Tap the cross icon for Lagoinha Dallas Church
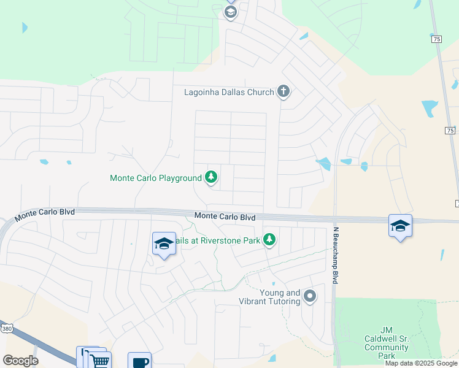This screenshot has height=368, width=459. coord(283,92)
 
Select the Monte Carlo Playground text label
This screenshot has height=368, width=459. coord(155,178)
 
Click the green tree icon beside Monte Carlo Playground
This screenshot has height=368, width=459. coord(211,178)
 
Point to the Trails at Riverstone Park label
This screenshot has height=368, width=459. coord(218,240)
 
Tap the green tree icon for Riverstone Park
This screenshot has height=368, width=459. coord(269,239)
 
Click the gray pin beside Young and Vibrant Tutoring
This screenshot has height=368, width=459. coord(310,297)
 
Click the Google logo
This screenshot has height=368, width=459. coord(20,361)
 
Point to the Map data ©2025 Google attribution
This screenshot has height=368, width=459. coord(421,363)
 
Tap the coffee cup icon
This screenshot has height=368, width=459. coord(139,361)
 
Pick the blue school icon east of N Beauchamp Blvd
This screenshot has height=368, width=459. coord(400,226)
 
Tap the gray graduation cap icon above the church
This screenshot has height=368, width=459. coord(231,12)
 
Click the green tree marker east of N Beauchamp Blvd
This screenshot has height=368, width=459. coord(442,254)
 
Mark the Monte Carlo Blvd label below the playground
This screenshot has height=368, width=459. coord(225,217)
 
